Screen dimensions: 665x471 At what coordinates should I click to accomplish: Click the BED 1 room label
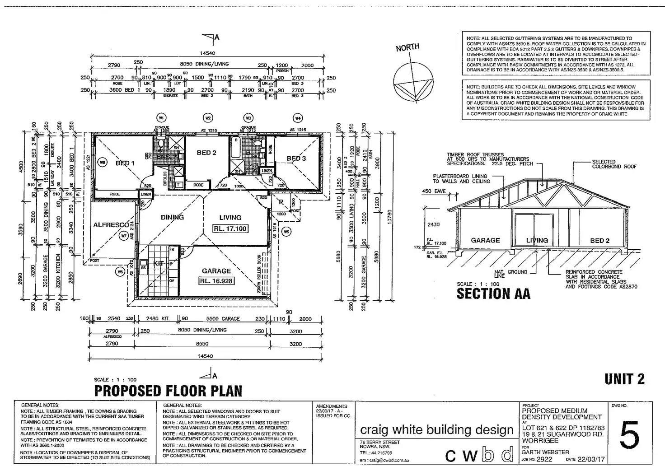(125, 163)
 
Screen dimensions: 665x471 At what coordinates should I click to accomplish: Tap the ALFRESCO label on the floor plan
(111, 225)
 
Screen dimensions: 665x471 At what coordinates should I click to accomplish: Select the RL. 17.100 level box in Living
(230, 229)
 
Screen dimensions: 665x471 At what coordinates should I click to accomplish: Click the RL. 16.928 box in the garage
(216, 281)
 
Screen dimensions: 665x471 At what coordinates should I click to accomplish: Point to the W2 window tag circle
(208, 118)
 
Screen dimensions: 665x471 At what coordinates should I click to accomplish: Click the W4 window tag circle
(298, 118)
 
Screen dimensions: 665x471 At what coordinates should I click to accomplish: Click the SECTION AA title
(493, 294)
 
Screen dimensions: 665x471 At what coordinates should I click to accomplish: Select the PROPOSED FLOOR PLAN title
(168, 391)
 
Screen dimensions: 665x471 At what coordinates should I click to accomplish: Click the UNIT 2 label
(625, 380)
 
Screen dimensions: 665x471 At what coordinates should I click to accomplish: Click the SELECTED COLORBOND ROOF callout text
(614, 164)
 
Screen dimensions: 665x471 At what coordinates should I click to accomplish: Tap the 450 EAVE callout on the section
(434, 191)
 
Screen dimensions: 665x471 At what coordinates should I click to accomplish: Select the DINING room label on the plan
(172, 217)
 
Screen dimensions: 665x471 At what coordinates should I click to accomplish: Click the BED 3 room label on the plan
(296, 159)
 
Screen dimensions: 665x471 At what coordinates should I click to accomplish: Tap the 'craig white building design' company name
(437, 430)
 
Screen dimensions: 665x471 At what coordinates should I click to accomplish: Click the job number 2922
(544, 460)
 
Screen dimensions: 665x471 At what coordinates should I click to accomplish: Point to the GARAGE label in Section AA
(485, 241)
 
